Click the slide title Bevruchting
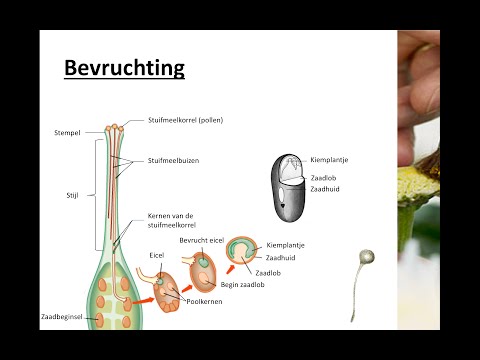pos(125,68)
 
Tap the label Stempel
pos(69,132)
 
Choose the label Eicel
pos(157,255)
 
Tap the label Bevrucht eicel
pos(200,241)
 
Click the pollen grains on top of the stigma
pos(117,128)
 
